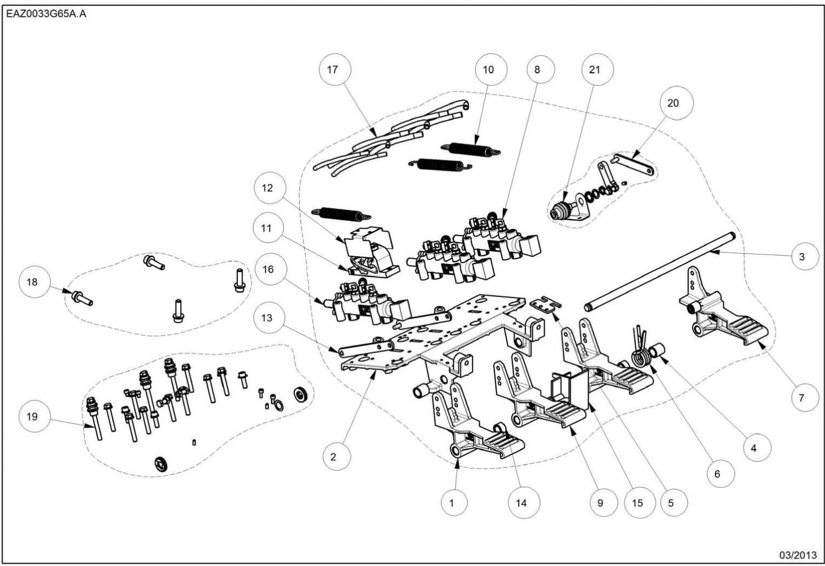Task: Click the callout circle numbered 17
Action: pyautogui.click(x=332, y=69)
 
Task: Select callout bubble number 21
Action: pyautogui.click(x=595, y=69)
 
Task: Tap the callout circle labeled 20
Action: pyautogui.click(x=673, y=103)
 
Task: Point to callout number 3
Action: pyautogui.click(x=802, y=257)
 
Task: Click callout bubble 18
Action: pyautogui.click(x=32, y=282)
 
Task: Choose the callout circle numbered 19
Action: pyautogui.click(x=32, y=417)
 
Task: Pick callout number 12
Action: pyautogui.click(x=267, y=188)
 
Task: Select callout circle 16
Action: pyautogui.click(x=268, y=269)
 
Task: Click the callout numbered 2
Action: pyautogui.click(x=333, y=457)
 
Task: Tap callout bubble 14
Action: pyautogui.click(x=521, y=503)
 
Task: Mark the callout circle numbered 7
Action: pyautogui.click(x=802, y=398)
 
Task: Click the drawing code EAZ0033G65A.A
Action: pyautogui.click(x=46, y=14)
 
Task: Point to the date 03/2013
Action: pyautogui.click(x=797, y=555)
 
